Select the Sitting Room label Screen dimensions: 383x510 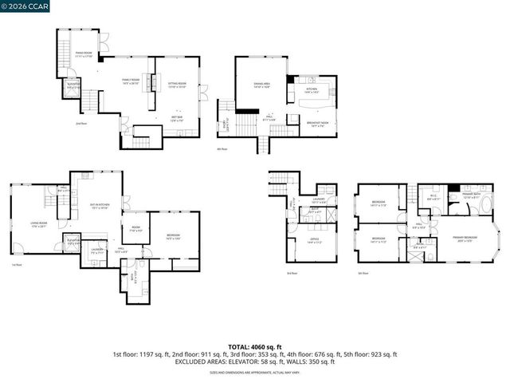coord(176,85)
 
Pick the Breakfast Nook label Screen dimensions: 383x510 coord(319,124)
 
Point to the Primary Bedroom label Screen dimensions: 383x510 coord(464,239)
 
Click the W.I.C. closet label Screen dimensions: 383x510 coord(432,196)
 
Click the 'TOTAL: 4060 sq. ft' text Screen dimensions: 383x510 coord(254,347)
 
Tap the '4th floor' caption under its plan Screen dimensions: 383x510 coord(222,148)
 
